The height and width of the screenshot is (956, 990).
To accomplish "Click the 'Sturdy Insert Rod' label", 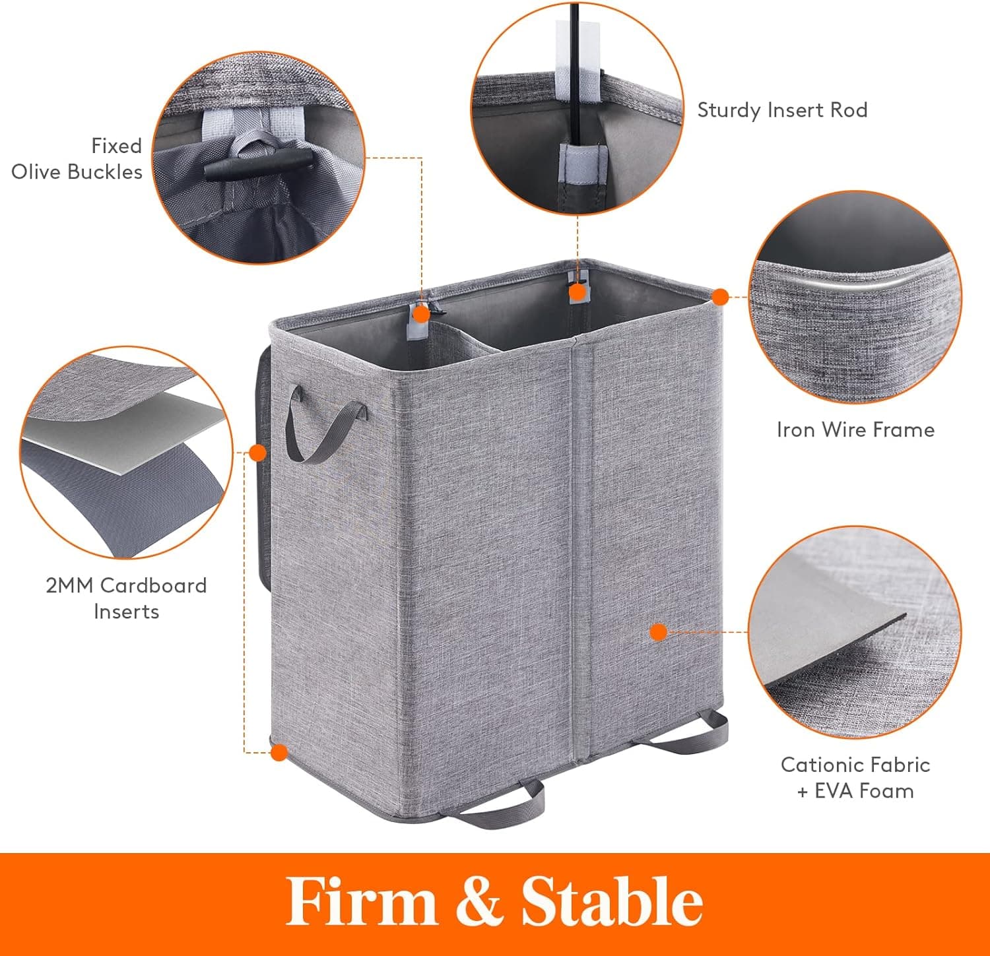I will coord(782,110).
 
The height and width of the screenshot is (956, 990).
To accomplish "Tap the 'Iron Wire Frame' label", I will coord(855,430).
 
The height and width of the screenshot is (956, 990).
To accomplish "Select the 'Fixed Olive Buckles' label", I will coord(77,159).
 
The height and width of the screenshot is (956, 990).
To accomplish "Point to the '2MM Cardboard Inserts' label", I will coord(126,598).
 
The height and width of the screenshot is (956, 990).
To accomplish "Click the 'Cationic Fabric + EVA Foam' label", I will coord(855,778).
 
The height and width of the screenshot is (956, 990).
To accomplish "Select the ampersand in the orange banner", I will coord(479,902).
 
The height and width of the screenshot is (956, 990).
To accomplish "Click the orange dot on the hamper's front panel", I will coord(658,632).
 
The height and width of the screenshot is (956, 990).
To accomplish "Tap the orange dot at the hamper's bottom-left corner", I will coord(280,752).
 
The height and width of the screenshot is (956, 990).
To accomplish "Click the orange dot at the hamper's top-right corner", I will coord(721,297).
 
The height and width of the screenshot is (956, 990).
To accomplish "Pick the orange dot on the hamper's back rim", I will coord(577,291).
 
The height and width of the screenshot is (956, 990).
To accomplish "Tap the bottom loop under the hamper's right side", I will coord(693,736).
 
